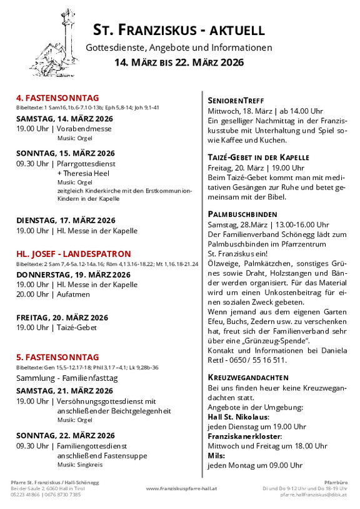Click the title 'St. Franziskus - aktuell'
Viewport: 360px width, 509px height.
point(179,30)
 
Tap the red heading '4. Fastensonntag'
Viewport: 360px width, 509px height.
point(57,98)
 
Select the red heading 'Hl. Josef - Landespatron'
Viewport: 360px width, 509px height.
point(74,254)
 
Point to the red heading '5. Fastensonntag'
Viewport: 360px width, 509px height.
point(57,357)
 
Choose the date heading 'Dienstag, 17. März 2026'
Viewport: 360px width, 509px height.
point(66,220)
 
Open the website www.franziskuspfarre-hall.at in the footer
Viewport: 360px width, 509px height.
point(181,488)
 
